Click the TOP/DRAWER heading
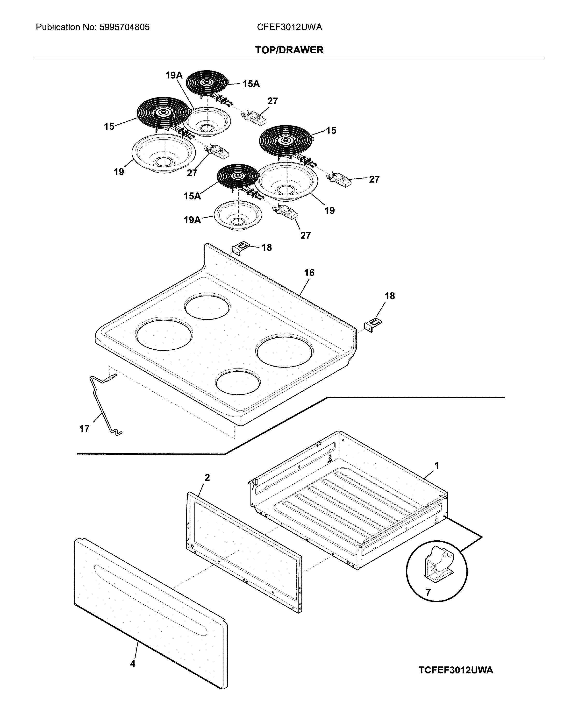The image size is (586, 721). (x=289, y=50)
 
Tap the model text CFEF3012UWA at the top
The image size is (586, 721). (x=289, y=27)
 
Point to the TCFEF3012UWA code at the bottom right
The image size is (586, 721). (x=456, y=670)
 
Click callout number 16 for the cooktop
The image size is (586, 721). (x=309, y=273)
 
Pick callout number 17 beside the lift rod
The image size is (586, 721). (x=84, y=429)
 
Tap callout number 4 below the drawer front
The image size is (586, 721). (x=133, y=664)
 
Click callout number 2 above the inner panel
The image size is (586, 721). (x=207, y=477)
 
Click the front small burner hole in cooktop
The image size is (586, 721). (x=238, y=381)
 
